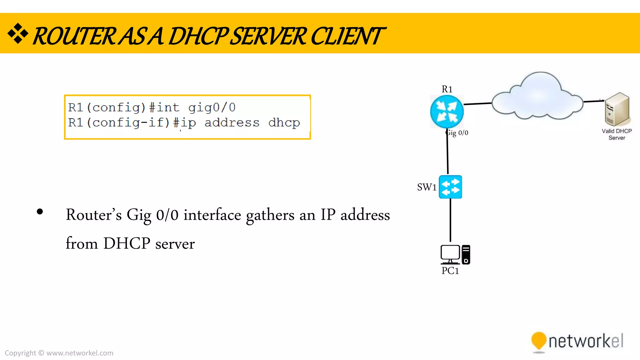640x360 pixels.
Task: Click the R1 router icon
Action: pyautogui.click(x=447, y=112)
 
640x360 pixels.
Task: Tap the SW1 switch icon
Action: pyautogui.click(x=450, y=187)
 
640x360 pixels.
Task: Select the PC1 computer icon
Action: pyautogui.click(x=455, y=254)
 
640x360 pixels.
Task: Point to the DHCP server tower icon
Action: pyautogui.click(x=617, y=109)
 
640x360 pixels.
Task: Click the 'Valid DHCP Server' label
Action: pyautogui.click(x=617, y=134)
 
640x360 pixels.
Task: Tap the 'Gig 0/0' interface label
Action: pyautogui.click(x=457, y=133)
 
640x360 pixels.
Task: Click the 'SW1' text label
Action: pyautogui.click(x=427, y=187)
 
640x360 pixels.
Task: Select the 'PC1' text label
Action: pyautogui.click(x=450, y=271)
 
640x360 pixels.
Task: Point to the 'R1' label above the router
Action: pyautogui.click(x=447, y=89)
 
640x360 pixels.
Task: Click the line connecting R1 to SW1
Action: pyautogui.click(x=447, y=153)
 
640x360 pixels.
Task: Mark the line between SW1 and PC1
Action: pyautogui.click(x=450, y=220)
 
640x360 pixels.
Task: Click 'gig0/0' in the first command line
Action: pyautogui.click(x=212, y=108)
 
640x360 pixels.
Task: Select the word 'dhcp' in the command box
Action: pyautogui.click(x=284, y=123)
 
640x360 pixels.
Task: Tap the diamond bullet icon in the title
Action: pyautogui.click(x=18, y=33)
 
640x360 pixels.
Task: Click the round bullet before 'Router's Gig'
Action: pyautogui.click(x=40, y=212)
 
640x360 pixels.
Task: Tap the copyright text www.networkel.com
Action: pyautogui.click(x=80, y=353)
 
